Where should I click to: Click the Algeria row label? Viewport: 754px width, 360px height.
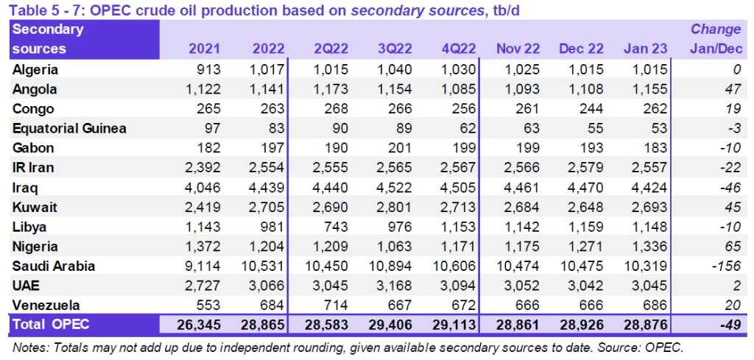click(35, 71)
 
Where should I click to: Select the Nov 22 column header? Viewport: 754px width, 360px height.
click(518, 49)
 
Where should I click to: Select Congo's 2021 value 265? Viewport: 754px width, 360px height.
click(211, 110)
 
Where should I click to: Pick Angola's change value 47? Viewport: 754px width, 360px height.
click(733, 90)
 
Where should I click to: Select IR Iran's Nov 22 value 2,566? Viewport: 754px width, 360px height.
click(521, 168)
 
